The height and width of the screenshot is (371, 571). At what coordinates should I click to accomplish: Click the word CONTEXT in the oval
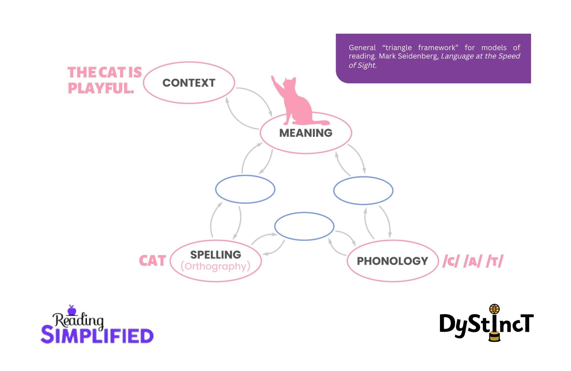coord(189,83)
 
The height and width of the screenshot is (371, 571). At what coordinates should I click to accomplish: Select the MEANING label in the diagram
coord(305,133)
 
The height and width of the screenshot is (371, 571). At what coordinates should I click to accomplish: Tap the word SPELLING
coord(216,255)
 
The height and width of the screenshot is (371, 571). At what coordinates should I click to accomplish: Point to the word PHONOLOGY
coord(392,261)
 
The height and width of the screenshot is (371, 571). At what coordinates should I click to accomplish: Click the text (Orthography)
coord(216,266)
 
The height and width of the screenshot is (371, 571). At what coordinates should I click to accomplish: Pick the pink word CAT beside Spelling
coord(152,261)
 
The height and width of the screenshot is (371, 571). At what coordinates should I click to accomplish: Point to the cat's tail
coord(321,123)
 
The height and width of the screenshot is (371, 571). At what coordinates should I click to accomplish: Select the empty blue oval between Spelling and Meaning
coord(245,189)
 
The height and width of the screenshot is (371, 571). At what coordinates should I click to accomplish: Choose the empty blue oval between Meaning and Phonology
coord(363,190)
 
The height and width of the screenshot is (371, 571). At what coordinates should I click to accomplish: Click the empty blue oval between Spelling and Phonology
coord(304,226)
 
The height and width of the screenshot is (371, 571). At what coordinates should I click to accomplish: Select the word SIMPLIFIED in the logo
coord(97,336)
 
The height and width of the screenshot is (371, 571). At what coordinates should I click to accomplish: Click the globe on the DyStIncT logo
coord(494,309)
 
